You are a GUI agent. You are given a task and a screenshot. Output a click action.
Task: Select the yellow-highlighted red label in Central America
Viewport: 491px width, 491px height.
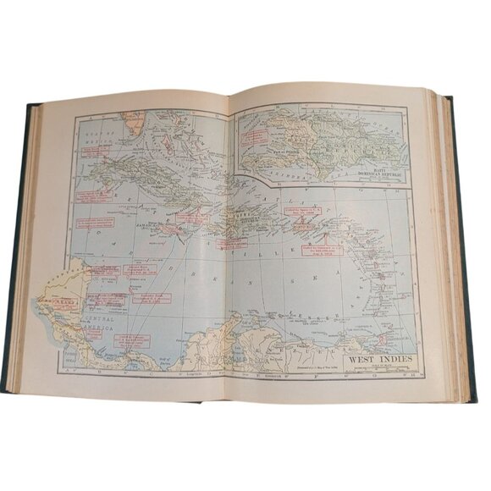pos(60,301)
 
